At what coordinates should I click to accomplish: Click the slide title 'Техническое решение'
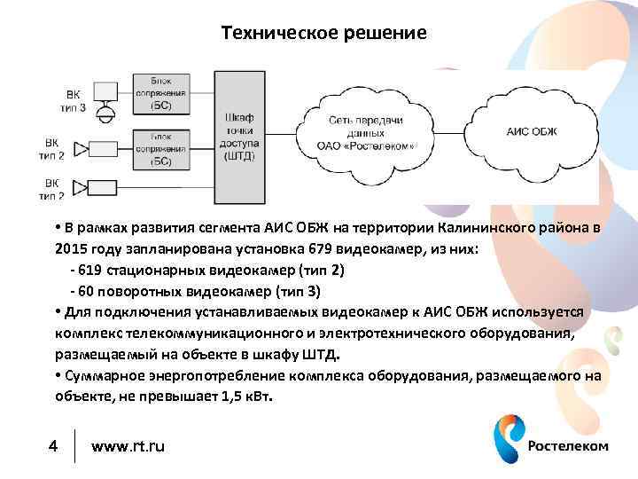pos(323,34)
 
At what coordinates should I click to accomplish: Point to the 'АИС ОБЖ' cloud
pos(533,132)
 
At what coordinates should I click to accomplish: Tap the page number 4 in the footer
pos(52,445)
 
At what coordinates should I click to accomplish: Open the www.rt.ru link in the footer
pos(128,445)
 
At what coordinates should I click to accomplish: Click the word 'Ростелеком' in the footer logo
pos(568,445)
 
